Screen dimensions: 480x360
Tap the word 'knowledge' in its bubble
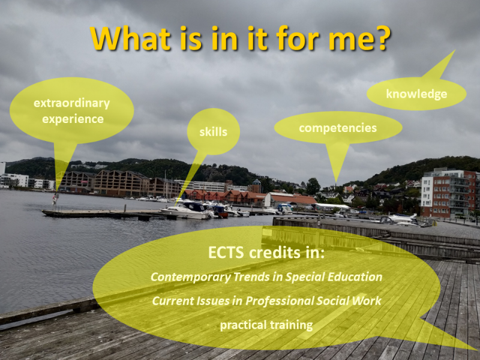(x=416, y=94)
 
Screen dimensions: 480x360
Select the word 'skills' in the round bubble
(x=214, y=132)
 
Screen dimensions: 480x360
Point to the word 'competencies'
(x=338, y=128)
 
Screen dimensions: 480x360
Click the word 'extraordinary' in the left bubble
(x=71, y=103)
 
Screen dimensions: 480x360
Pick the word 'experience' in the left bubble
(x=73, y=119)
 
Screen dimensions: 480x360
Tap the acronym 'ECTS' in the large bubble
(x=226, y=253)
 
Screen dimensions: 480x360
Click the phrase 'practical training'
(x=266, y=325)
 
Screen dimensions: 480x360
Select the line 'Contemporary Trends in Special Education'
(x=266, y=277)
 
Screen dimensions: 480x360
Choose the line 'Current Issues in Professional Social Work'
(x=266, y=301)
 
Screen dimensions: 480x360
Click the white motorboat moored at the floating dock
(x=187, y=210)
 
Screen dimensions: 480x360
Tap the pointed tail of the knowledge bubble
(x=455, y=50)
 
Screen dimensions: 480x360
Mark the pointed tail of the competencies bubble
(x=336, y=183)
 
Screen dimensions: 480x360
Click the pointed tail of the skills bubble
(x=176, y=205)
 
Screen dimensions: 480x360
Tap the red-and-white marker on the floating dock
(x=55, y=199)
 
